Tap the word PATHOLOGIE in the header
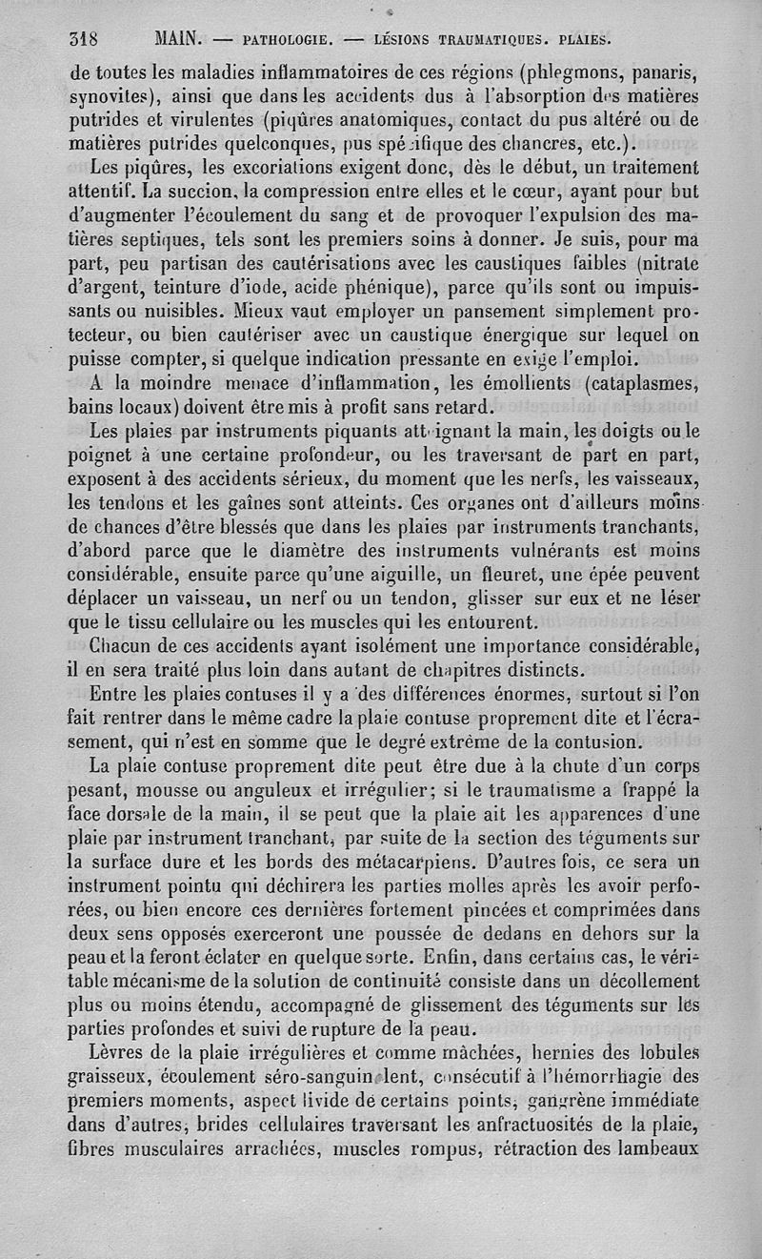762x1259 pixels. coord(287,41)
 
